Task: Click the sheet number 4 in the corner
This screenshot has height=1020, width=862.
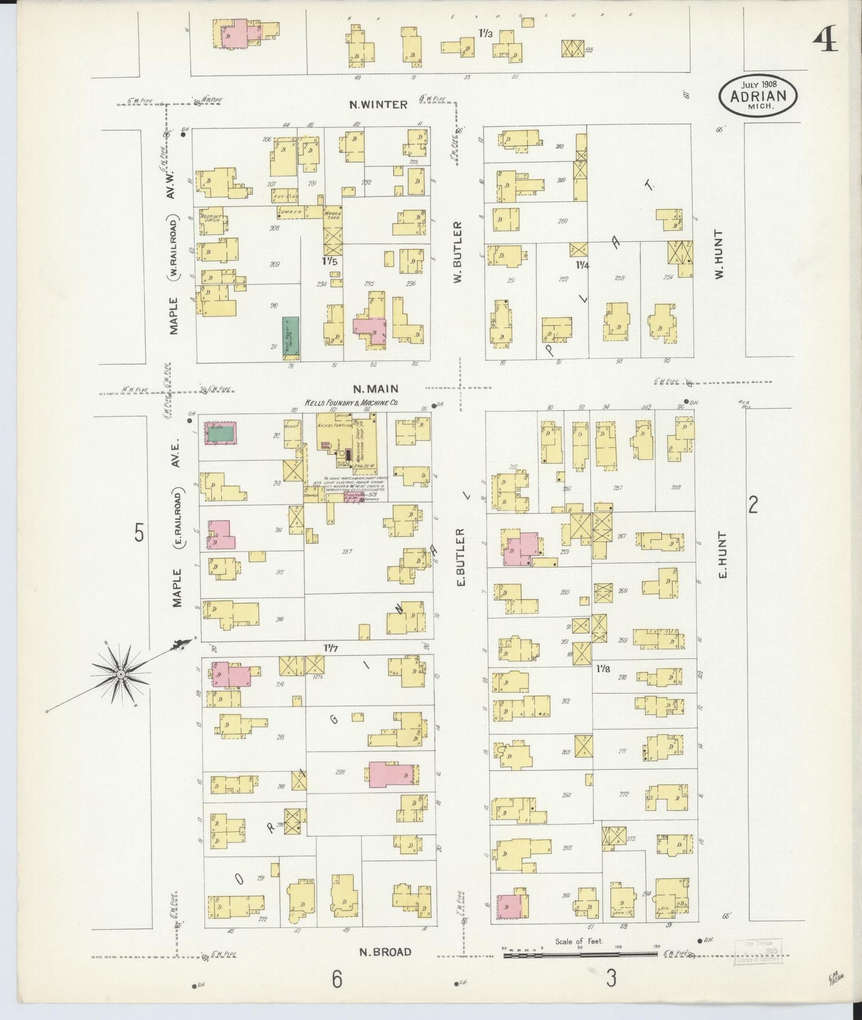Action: tap(824, 41)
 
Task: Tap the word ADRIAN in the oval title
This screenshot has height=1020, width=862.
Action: tap(758, 96)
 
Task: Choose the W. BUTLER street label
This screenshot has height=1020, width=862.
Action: tap(458, 252)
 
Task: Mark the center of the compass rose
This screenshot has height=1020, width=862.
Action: tap(121, 674)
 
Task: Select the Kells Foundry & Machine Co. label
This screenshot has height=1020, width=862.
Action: tap(351, 404)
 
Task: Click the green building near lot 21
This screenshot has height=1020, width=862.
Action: tap(291, 338)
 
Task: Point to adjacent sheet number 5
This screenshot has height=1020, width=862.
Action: tap(139, 532)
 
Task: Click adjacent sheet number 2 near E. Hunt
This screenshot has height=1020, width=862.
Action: tap(753, 506)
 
